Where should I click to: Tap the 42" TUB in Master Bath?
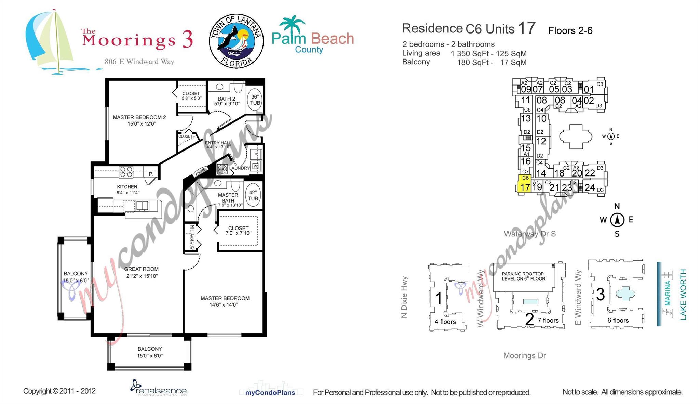pyautogui.click(x=253, y=195)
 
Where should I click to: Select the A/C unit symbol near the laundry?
pyautogui.click(x=222, y=169)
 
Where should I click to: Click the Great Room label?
pyautogui.click(x=141, y=272)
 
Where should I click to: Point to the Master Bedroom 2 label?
pyautogui.click(x=139, y=120)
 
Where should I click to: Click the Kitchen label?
pyautogui.click(x=127, y=190)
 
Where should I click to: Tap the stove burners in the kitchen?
pyautogui.click(x=126, y=172)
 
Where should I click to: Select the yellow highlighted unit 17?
pyautogui.click(x=525, y=185)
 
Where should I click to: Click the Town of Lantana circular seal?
pyautogui.click(x=236, y=41)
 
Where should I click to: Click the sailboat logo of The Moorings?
pyautogui.click(x=50, y=41)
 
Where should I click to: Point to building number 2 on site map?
pyautogui.click(x=529, y=319)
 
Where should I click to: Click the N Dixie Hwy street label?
pyautogui.click(x=404, y=297)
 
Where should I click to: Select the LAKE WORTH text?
pyautogui.click(x=683, y=295)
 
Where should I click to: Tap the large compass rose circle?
pyautogui.click(x=617, y=220)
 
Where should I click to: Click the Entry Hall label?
pyautogui.click(x=218, y=145)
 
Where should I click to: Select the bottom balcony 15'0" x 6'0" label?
pyautogui.click(x=150, y=352)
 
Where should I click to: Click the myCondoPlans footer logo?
pyautogui.click(x=270, y=392)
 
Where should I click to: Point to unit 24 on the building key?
pyautogui.click(x=590, y=187)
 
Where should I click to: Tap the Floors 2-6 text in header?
pyautogui.click(x=570, y=31)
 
